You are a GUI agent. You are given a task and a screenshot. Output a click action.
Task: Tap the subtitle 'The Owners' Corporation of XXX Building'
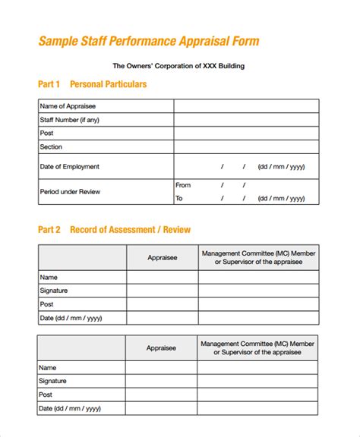click(x=178, y=66)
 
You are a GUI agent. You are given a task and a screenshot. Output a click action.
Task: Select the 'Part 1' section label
click(x=49, y=84)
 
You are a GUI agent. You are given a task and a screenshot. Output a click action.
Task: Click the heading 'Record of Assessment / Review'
click(x=130, y=229)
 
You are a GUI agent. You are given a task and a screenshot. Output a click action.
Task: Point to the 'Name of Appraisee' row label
click(x=68, y=106)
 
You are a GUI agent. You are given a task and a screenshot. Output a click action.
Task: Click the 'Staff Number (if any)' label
click(x=69, y=120)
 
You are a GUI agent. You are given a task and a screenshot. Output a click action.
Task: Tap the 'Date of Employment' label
click(x=69, y=166)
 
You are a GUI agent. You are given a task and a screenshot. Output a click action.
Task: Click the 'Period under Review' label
click(x=70, y=192)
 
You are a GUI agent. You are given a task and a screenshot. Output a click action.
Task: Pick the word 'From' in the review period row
click(x=183, y=185)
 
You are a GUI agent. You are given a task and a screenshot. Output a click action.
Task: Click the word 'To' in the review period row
click(x=179, y=199)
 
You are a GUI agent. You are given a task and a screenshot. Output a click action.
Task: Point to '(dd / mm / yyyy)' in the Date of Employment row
click(x=281, y=166)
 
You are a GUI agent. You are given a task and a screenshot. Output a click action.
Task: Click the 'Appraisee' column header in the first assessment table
click(x=162, y=258)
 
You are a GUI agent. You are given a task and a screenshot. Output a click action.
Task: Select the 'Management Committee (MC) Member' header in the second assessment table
click(x=257, y=343)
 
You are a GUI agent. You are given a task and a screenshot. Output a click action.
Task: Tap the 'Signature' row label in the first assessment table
click(x=53, y=291)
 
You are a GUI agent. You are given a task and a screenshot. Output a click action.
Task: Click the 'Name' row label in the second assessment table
click(x=49, y=368)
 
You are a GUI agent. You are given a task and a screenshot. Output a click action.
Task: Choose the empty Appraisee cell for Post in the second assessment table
click(x=162, y=395)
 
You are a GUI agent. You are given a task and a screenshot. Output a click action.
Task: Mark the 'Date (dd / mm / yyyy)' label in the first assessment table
click(x=70, y=318)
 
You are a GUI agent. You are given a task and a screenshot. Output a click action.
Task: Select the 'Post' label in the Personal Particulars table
click(x=46, y=134)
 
